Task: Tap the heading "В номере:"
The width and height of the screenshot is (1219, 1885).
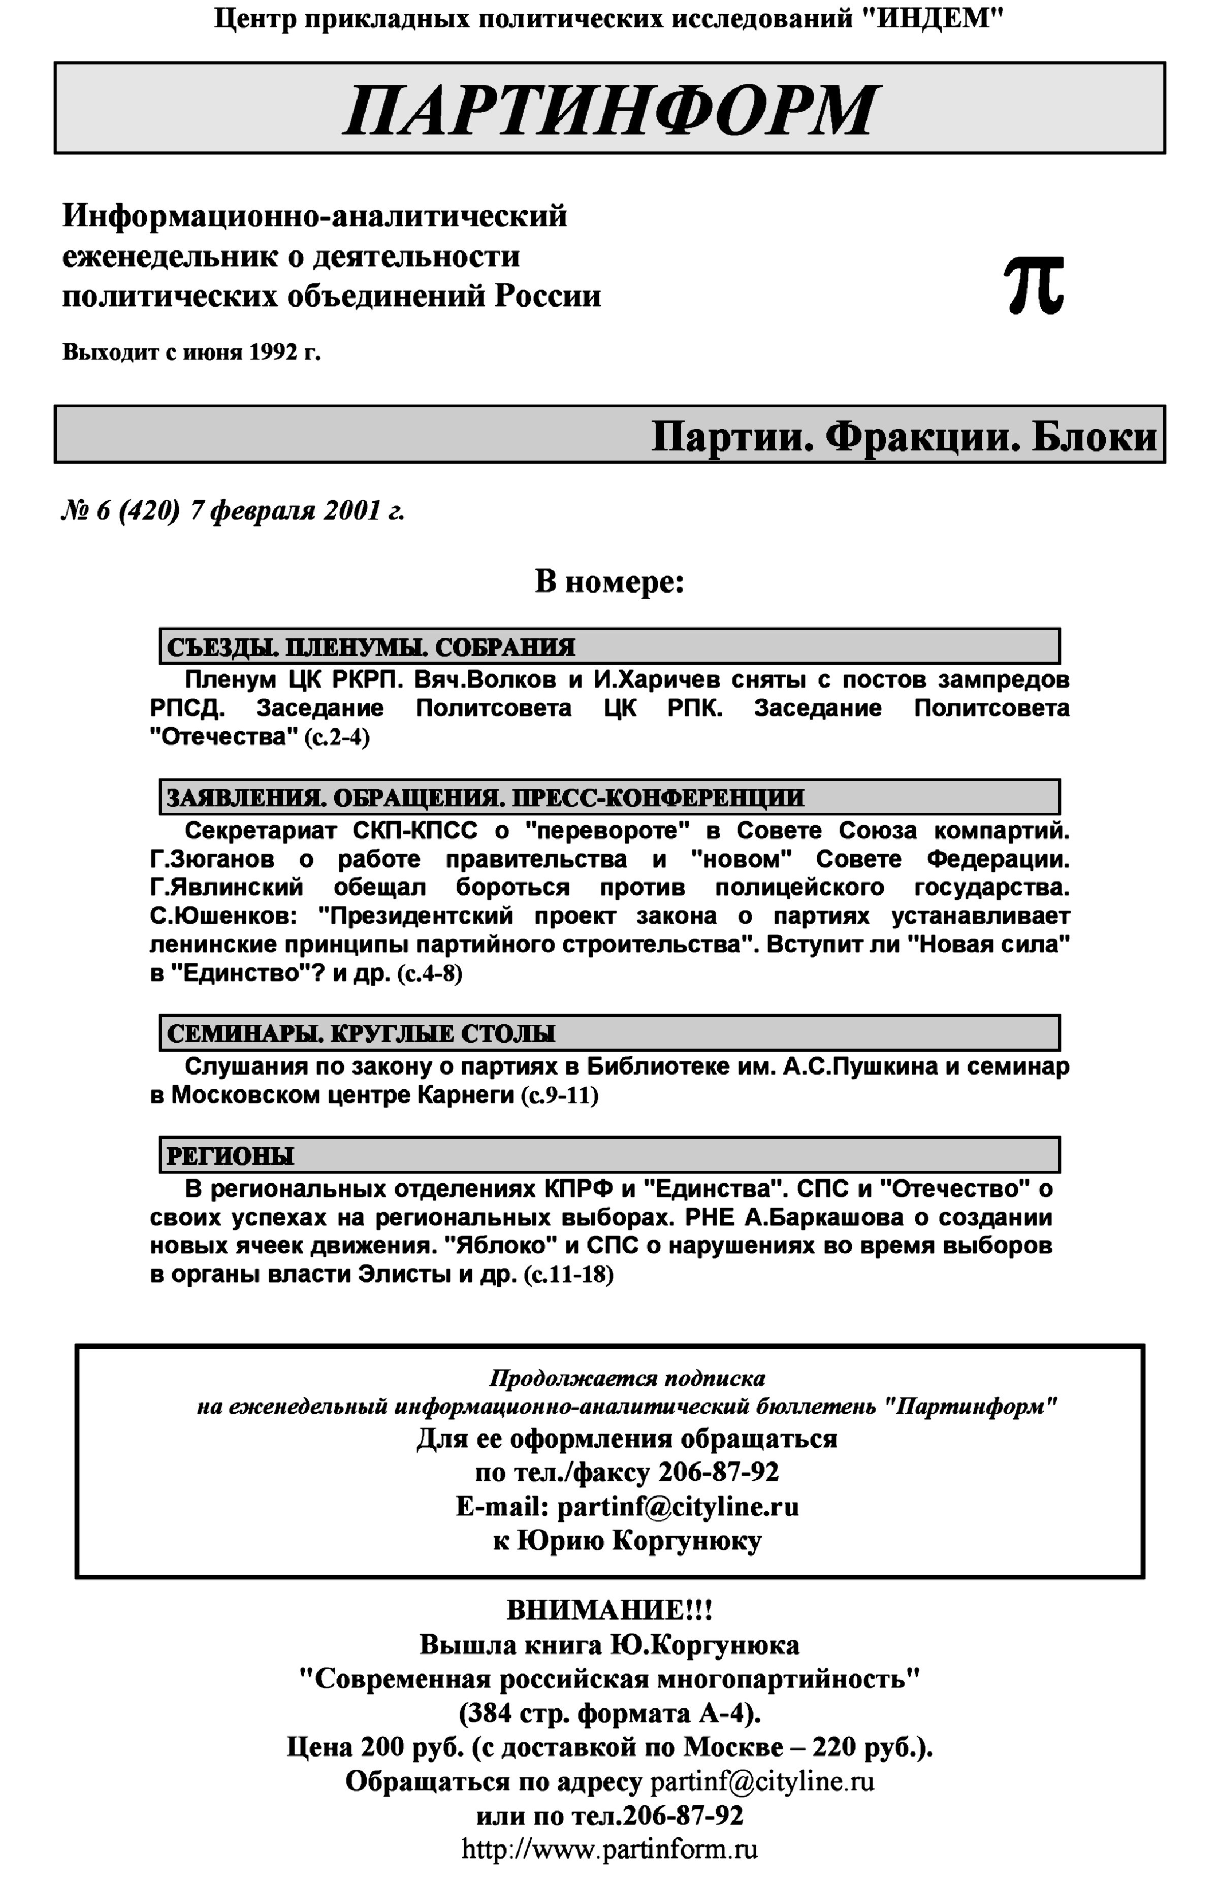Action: (608, 582)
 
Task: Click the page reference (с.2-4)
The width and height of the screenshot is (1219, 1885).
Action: (336, 737)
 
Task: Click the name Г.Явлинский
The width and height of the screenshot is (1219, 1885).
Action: (227, 887)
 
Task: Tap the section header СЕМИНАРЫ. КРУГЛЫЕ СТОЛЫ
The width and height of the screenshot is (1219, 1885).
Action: (361, 1033)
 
